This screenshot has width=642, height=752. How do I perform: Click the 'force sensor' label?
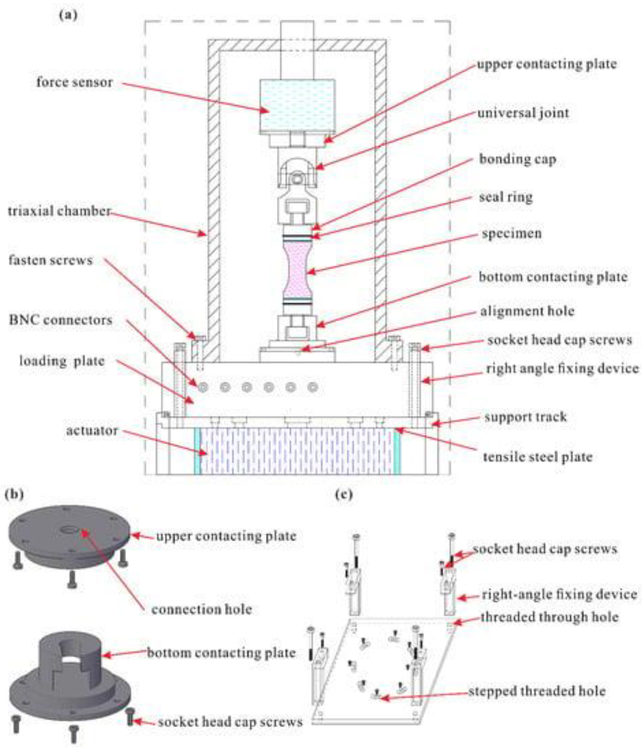tap(74, 82)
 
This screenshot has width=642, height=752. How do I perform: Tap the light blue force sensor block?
tap(297, 105)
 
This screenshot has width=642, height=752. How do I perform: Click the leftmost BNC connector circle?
tap(202, 387)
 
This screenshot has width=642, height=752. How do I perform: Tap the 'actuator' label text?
tap(92, 430)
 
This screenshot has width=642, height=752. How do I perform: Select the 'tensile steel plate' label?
tap(537, 457)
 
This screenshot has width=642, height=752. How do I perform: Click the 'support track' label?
tap(526, 417)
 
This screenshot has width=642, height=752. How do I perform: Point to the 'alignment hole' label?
tap(527, 311)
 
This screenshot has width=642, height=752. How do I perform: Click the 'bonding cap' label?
tap(517, 159)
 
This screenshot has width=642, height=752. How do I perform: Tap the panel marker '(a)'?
tap(68, 15)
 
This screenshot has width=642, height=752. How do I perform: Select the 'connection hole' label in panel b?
tap(202, 609)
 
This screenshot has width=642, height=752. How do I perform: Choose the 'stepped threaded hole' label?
tap(537, 691)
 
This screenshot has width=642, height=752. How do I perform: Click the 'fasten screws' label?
tap(51, 260)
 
